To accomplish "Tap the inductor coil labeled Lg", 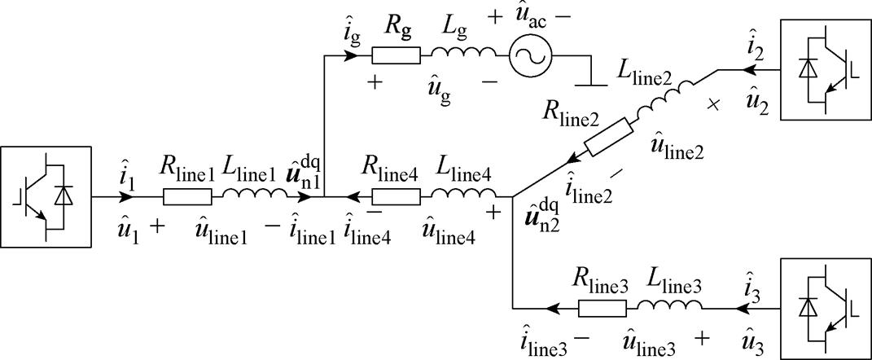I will pyautogui.click(x=463, y=55).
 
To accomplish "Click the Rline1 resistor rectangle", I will pyautogui.click(x=188, y=196).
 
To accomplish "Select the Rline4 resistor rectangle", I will pyautogui.click(x=396, y=196).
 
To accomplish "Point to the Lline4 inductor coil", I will pyautogui.click(x=463, y=195).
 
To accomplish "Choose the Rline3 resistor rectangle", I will pyautogui.click(x=603, y=309).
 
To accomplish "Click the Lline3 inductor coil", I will pyautogui.click(x=670, y=307).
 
